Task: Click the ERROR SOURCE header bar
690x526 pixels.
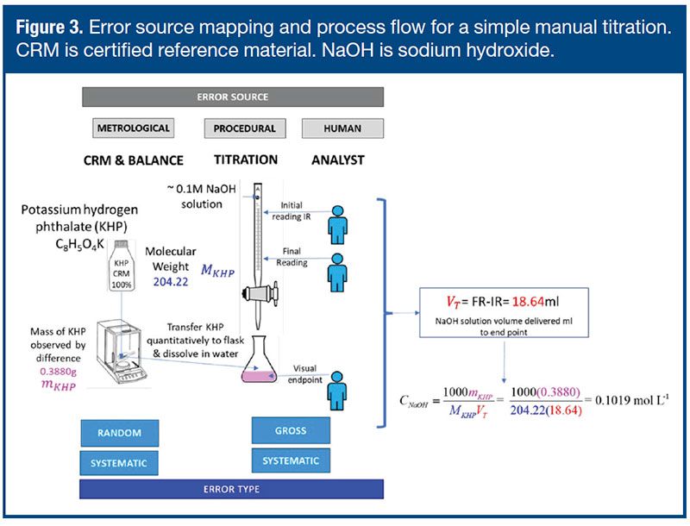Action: (x=232, y=97)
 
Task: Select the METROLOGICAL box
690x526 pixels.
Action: (x=132, y=129)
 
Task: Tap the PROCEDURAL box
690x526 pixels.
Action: (x=245, y=129)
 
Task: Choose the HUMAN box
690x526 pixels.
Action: (x=342, y=129)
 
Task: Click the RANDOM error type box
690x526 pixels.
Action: (x=121, y=433)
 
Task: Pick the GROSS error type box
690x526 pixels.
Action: (x=290, y=430)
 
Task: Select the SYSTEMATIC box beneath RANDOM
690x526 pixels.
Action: (x=121, y=463)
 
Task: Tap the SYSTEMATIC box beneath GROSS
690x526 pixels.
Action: (x=290, y=460)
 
